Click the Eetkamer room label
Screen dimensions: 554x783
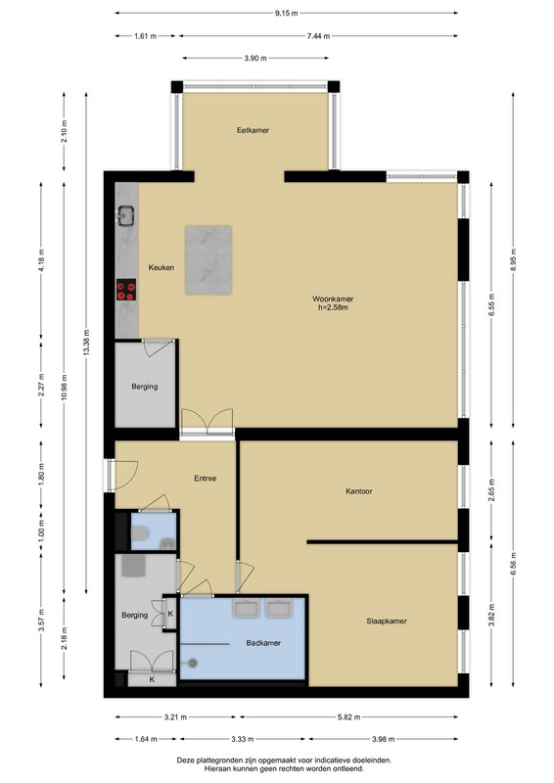tap(253, 130)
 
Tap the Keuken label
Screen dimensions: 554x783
tap(161, 267)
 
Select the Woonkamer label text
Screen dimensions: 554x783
tap(333, 299)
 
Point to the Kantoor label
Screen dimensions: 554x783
tap(358, 491)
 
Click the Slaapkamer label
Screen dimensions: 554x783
tap(387, 622)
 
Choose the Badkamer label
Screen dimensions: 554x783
tap(263, 643)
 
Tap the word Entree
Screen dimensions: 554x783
tap(205, 479)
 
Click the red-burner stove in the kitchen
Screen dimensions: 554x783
tap(126, 290)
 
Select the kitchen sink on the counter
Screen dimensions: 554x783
tap(125, 215)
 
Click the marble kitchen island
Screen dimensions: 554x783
tap(208, 259)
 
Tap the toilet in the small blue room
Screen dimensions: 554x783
tap(140, 535)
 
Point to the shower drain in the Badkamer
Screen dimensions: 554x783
tap(192, 664)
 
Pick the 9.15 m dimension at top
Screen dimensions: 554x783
tap(286, 14)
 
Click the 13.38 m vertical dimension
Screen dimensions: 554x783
tap(86, 343)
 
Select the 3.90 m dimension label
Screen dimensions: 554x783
tap(255, 59)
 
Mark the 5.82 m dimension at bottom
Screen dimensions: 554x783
tap(348, 717)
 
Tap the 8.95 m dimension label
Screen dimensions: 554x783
tap(513, 259)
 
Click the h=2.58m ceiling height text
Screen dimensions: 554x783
tap(333, 307)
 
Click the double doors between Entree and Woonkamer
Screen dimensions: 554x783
tap(208, 424)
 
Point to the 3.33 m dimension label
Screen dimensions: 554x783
tap(242, 739)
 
